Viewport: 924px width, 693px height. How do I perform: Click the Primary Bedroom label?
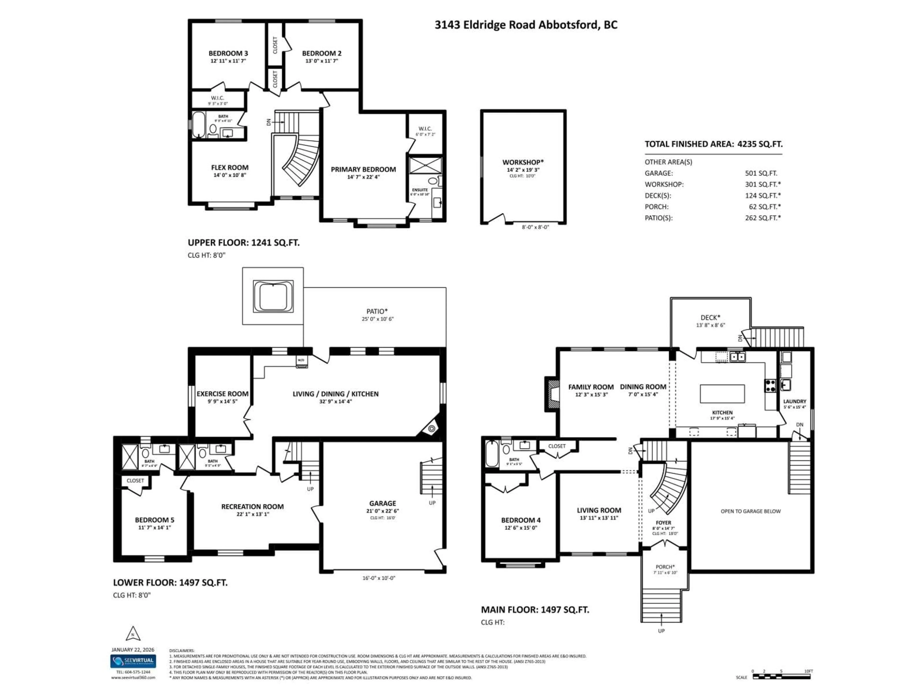[363, 169]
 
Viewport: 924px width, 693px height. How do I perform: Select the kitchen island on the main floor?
[722, 393]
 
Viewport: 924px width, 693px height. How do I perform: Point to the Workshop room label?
[523, 162]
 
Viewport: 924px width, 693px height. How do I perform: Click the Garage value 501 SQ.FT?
[761, 173]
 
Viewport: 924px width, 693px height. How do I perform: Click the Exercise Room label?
[222, 393]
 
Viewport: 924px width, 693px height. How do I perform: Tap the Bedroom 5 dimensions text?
[154, 528]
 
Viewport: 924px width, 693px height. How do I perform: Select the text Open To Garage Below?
[750, 511]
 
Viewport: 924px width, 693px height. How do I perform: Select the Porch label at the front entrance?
[665, 567]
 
